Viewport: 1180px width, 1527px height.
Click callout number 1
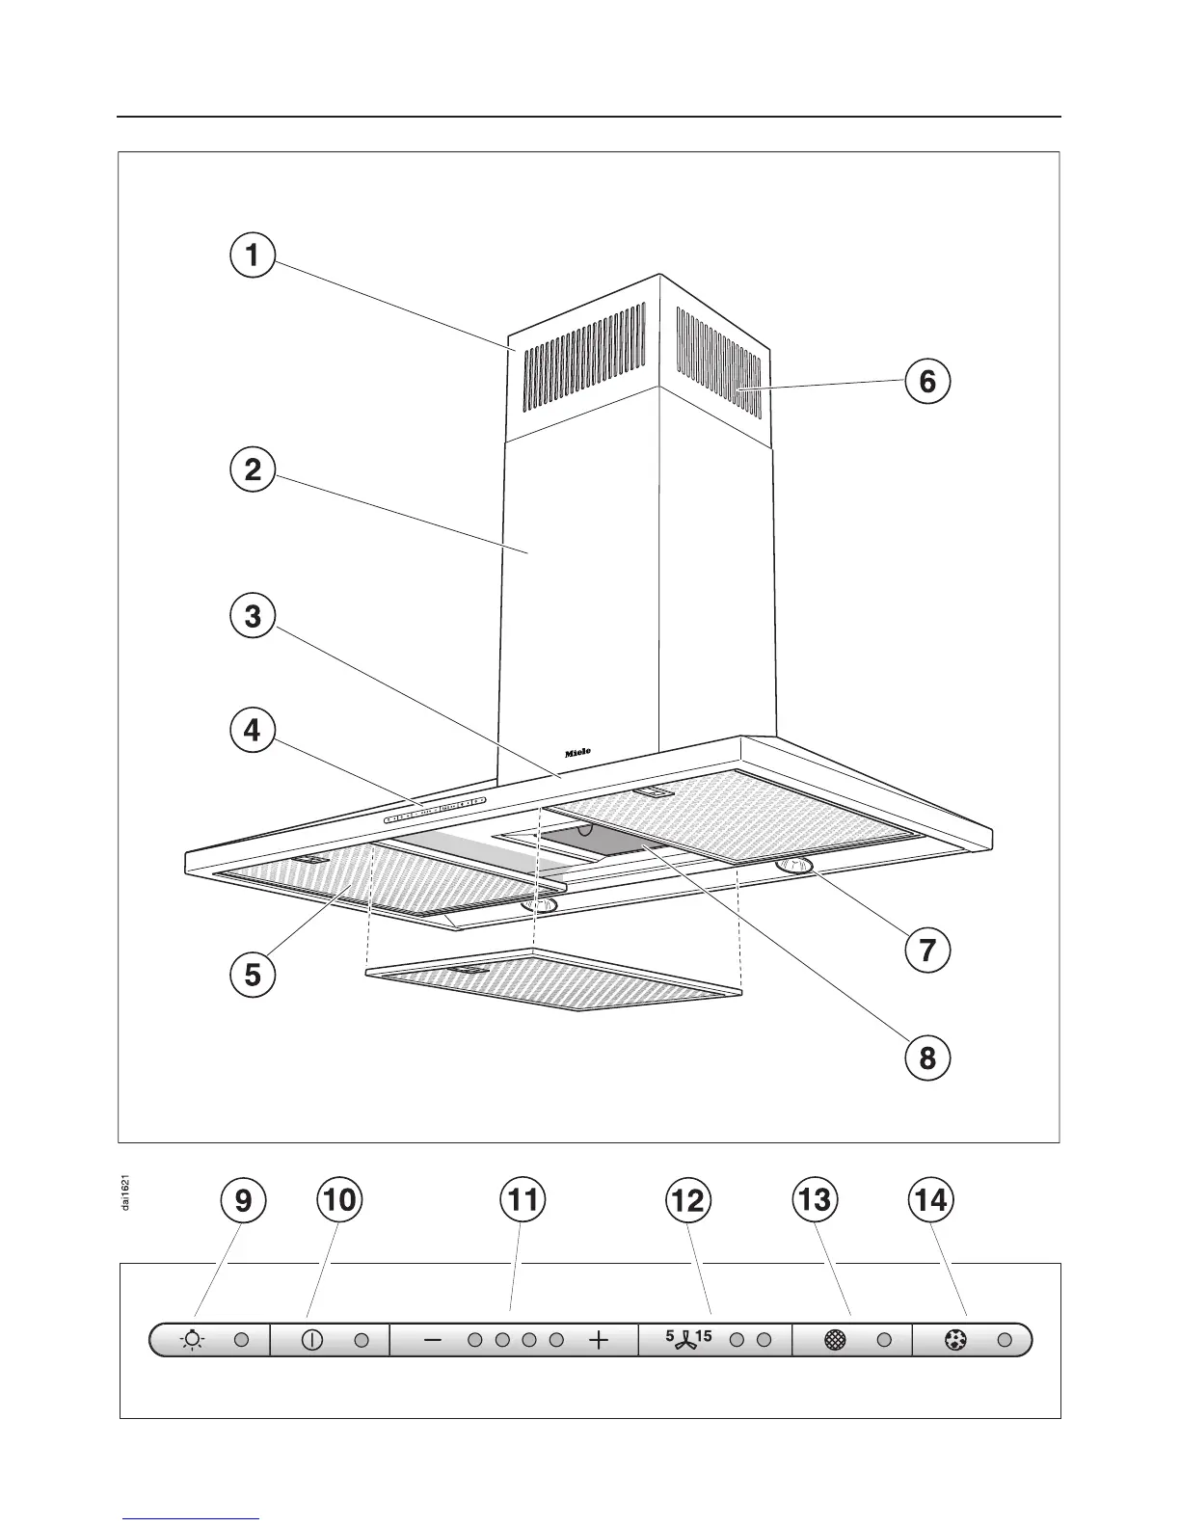(x=252, y=255)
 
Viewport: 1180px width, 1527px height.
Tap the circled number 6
(x=926, y=382)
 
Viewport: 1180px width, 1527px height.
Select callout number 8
(x=926, y=1058)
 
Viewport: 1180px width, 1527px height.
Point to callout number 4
(x=252, y=730)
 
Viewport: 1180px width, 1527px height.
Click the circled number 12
(x=688, y=1200)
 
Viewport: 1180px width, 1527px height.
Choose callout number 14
(x=931, y=1200)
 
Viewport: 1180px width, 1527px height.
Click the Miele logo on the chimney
(x=577, y=752)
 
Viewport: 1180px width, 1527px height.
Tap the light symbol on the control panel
(x=193, y=1340)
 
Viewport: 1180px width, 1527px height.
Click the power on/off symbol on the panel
(x=312, y=1340)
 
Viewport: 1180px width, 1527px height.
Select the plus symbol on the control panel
(x=599, y=1340)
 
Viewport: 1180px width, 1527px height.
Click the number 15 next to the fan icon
(x=703, y=1336)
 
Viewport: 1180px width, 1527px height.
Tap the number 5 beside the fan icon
(x=669, y=1336)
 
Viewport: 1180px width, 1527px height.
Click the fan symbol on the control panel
(x=685, y=1342)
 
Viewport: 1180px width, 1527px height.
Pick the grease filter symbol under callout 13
(x=835, y=1340)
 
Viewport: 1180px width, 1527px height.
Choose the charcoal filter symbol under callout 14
(x=955, y=1340)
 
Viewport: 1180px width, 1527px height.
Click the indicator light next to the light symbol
(x=242, y=1340)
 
